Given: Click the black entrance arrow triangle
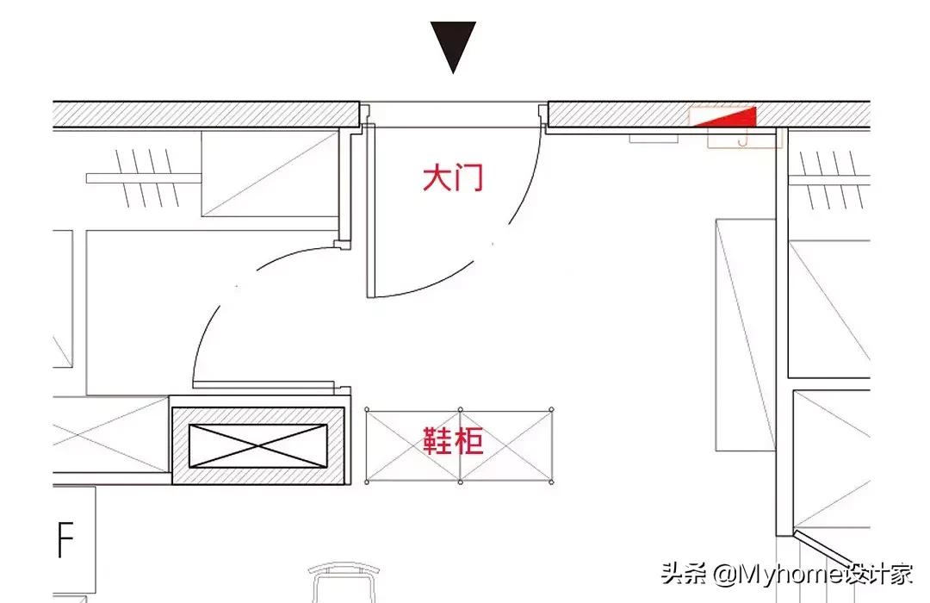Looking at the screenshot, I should [453, 45].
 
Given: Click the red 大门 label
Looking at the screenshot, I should [453, 178].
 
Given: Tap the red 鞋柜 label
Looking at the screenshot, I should [453, 441].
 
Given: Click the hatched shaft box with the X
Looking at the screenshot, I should [258, 445].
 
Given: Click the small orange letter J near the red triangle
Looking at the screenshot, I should [741, 138].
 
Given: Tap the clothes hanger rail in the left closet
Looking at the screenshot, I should [142, 178].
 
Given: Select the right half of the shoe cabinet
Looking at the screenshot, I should [505, 445].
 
